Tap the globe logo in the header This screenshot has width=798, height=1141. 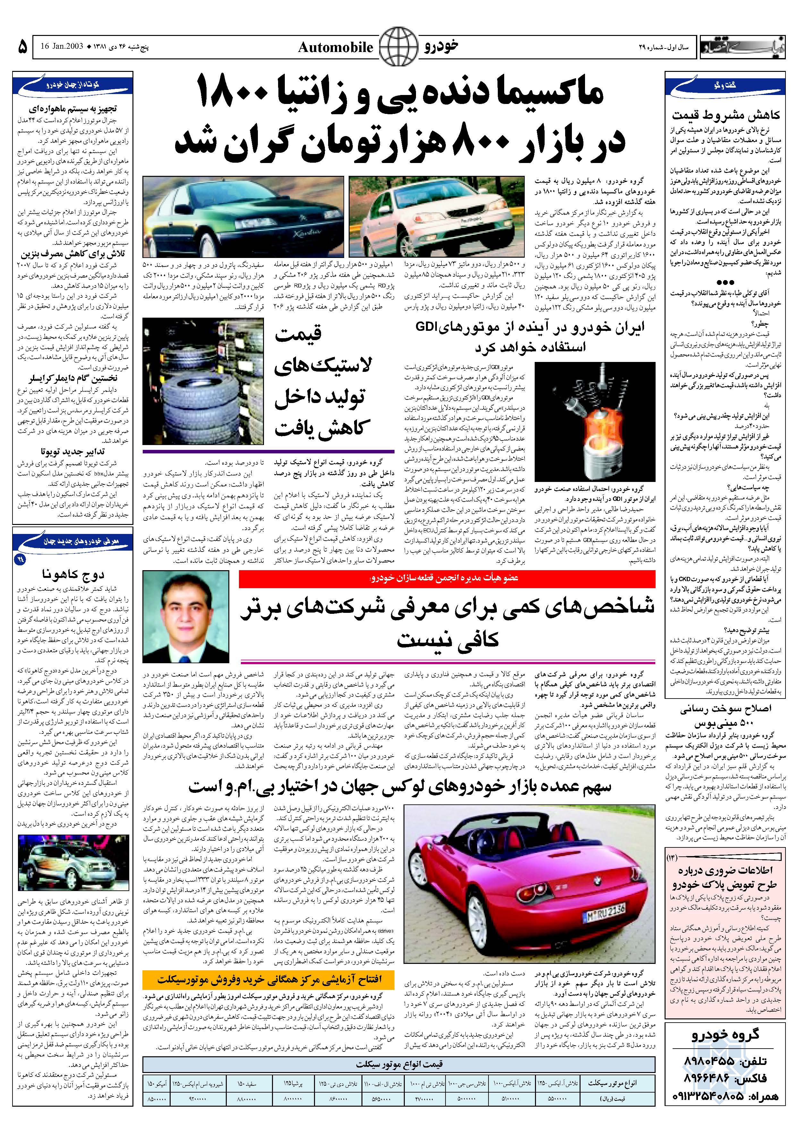pyautogui.click(x=397, y=46)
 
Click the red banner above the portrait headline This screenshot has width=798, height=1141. pyautogui.click(x=447, y=578)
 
